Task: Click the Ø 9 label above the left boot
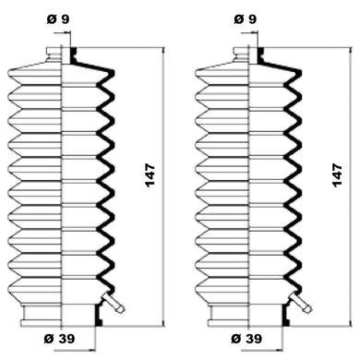[x=58, y=19]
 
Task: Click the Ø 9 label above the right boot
[x=246, y=19]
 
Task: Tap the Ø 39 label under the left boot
[x=59, y=339]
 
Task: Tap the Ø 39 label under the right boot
[x=246, y=339]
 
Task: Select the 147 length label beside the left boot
[x=150, y=175]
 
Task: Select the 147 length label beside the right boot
[x=338, y=175]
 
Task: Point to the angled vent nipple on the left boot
[x=114, y=302]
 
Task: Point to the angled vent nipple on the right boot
[x=301, y=302]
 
